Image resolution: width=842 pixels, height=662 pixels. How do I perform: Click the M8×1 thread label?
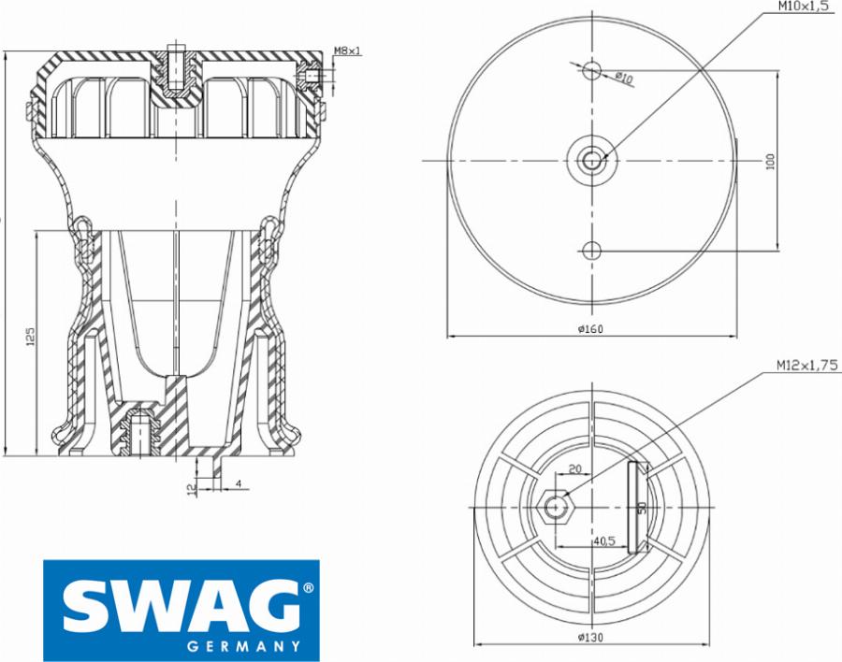coord(348,50)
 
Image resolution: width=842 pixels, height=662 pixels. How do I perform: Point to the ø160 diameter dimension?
coord(589,328)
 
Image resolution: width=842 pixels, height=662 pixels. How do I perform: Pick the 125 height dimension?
coord(30,338)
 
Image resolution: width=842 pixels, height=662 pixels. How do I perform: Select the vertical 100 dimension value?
coord(771,161)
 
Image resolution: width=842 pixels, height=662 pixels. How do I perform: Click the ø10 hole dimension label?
coord(624,79)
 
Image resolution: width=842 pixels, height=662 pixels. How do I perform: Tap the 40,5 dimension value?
coord(603,540)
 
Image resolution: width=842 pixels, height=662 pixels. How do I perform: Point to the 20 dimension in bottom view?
coord(574,469)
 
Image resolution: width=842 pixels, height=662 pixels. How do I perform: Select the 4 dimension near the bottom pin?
coord(239,483)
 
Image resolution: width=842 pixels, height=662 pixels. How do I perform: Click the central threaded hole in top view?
coord(592,161)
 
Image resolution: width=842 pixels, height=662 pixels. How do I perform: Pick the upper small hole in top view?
coord(591,70)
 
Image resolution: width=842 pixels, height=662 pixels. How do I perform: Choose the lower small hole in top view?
coord(591,250)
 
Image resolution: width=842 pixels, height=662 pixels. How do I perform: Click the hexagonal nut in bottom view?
coord(557,506)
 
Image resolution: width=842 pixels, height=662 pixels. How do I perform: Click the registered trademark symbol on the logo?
coord(306,589)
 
